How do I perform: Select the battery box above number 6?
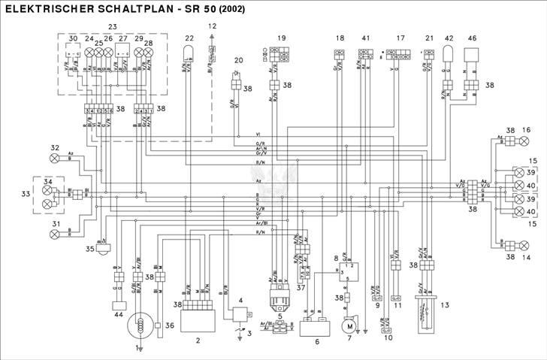(316, 325)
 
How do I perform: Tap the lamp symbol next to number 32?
(54, 159)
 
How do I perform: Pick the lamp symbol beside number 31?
(54, 234)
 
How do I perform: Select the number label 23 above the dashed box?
(113, 27)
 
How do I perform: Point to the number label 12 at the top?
(212, 26)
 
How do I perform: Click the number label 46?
(472, 38)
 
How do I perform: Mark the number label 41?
(366, 38)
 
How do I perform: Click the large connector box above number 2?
(198, 305)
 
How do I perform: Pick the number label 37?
(301, 287)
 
